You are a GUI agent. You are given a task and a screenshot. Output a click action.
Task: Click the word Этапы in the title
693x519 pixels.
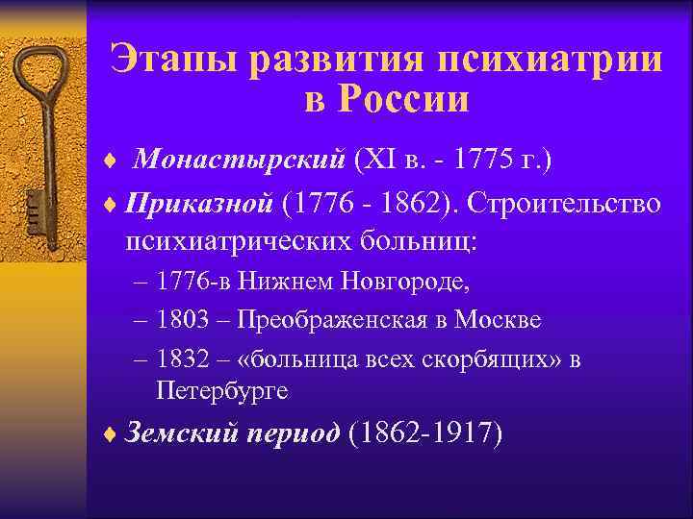coord(170,59)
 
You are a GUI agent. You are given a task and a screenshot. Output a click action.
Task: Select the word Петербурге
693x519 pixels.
coord(220,391)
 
